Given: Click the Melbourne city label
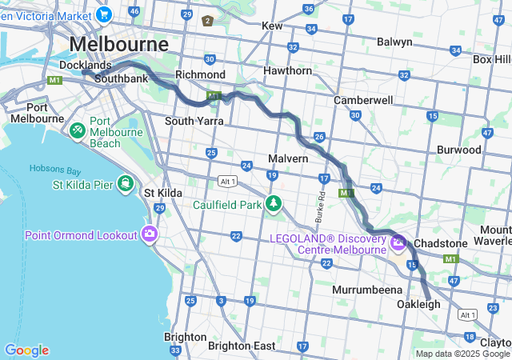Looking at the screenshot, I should pos(119,43).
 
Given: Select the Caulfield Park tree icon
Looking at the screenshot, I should pos(274,204).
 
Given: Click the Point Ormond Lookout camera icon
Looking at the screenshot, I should pos(149,234).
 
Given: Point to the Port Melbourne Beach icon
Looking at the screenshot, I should pos(78,130).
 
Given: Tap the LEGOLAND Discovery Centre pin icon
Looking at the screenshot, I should pos(398,242).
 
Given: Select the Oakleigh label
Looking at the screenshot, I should pos(418,304).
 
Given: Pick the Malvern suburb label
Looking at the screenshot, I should pos(288,158).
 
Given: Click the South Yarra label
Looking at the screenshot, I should pos(193,121).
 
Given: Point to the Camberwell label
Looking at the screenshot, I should pos(363,100).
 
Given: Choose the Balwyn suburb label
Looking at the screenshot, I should pos(394,42).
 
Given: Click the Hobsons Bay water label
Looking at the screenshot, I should pos(55,169).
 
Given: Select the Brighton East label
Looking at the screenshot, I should pos(242,346).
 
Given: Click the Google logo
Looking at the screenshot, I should pos(26,350).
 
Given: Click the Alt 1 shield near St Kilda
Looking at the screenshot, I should pos(227,182).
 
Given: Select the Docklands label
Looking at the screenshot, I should pos(86,65).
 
